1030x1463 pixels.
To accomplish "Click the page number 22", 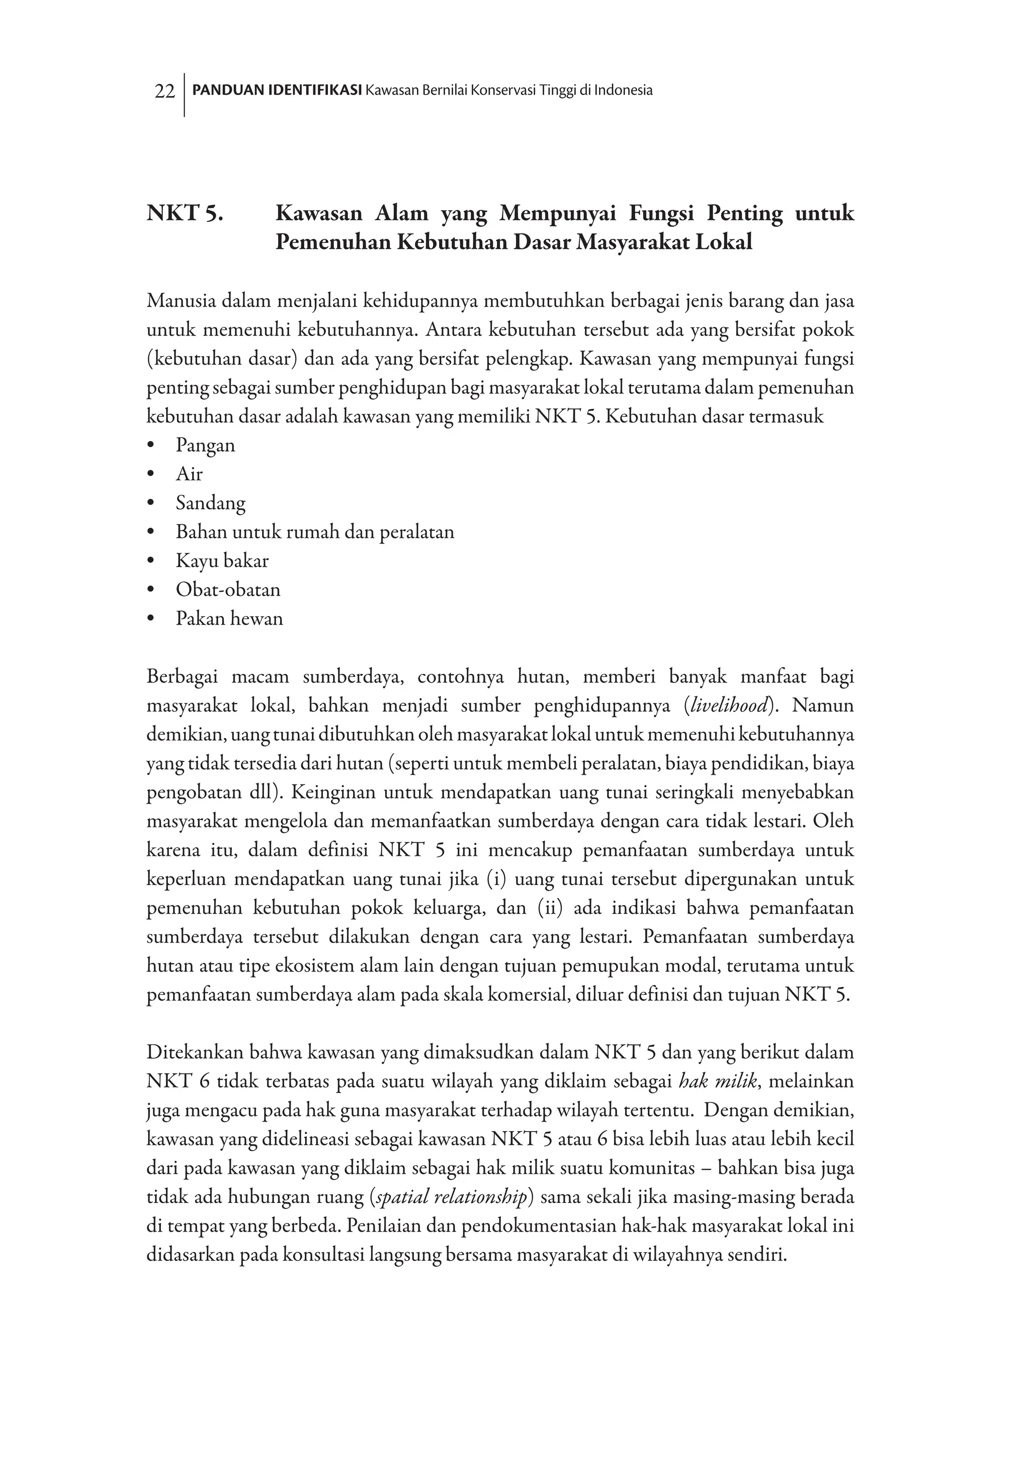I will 164,92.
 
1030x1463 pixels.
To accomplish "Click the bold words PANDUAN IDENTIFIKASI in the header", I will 277,91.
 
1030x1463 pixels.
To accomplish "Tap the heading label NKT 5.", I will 185,213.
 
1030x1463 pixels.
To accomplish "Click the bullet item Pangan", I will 205,446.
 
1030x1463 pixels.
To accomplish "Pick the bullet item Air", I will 189,474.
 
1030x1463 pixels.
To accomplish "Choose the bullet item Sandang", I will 210,503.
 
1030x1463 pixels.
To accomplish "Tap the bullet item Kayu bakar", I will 222,561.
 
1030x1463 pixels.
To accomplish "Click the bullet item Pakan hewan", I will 229,619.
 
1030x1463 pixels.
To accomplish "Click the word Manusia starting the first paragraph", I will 179,301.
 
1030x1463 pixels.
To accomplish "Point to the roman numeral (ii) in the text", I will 549,909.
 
